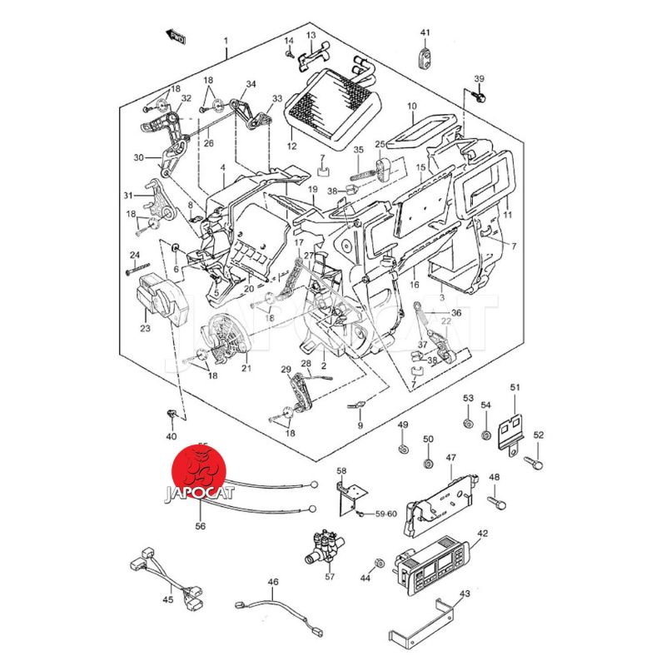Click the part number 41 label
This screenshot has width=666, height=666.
[425, 32]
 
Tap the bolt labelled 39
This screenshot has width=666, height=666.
[480, 97]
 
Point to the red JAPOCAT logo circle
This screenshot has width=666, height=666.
[199, 476]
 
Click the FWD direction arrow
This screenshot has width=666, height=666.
[176, 35]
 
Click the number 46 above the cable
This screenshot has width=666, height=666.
[272, 582]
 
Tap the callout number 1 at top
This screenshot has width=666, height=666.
[224, 41]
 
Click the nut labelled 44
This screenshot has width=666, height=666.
[379, 564]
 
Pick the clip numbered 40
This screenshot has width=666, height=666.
[171, 415]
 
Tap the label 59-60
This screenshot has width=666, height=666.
[385, 514]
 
